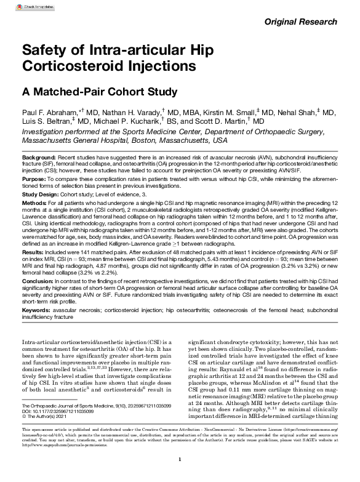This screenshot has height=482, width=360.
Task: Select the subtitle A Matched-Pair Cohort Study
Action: [100, 92]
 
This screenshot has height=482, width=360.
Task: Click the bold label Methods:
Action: [35, 202]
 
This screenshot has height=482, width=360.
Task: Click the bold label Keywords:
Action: [38, 310]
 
